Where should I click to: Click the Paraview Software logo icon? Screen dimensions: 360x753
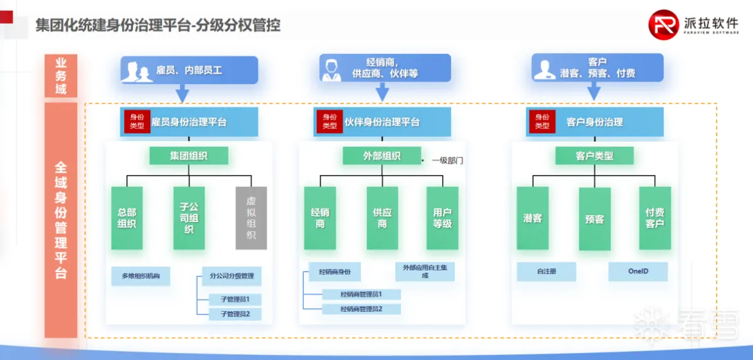tap(664, 25)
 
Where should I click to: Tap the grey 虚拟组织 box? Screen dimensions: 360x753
tap(251, 218)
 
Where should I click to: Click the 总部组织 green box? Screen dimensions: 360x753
tap(127, 218)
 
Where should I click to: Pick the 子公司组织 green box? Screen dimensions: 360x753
tap(189, 218)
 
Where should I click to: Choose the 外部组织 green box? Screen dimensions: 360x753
tap(382, 156)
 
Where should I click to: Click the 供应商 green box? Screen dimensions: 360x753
tap(382, 218)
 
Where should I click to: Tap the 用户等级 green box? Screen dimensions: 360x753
tap(442, 218)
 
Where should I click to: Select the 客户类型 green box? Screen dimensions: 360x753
tap(594, 156)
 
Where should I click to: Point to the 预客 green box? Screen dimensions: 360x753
tap(594, 219)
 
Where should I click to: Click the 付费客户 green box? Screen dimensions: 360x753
tap(654, 218)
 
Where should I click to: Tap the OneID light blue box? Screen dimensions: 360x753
tap(638, 272)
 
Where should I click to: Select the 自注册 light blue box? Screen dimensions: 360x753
tap(547, 272)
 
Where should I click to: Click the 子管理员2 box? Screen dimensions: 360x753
tap(235, 314)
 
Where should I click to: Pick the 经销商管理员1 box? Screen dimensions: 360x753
tap(361, 294)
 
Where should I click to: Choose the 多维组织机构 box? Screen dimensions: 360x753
tap(141, 276)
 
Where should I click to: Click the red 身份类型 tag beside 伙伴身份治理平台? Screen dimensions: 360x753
tap(329, 122)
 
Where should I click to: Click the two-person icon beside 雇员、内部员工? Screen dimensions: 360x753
tap(137, 71)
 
